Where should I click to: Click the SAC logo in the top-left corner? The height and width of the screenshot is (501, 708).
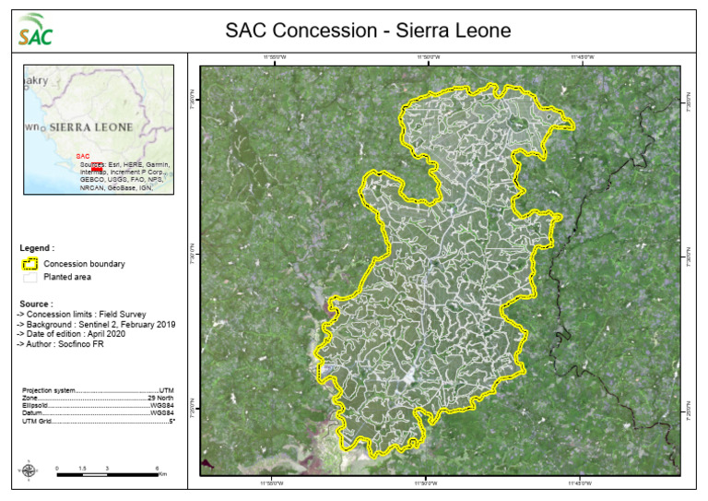[35, 30]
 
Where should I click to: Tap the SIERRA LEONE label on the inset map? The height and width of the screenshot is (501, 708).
[91, 125]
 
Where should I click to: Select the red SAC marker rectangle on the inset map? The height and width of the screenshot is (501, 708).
[97, 167]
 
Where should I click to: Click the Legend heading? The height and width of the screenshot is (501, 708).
[37, 248]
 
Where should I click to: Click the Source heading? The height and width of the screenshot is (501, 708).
[36, 303]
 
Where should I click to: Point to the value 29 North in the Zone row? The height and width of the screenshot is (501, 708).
[160, 398]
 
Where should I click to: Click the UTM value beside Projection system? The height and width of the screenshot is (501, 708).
[167, 390]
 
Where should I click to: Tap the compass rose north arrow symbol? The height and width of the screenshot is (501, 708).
[29, 471]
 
